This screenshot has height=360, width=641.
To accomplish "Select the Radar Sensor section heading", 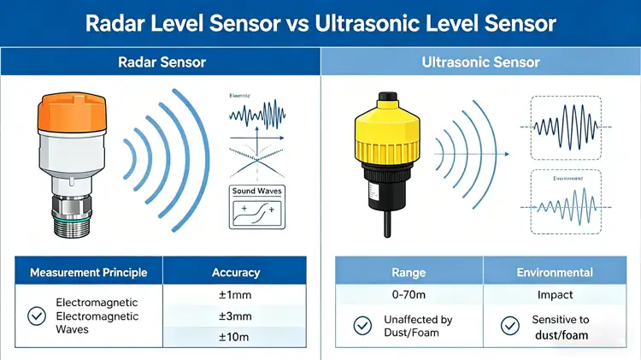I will [x=161, y=62].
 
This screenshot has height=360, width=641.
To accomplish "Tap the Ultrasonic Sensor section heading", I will [x=481, y=62].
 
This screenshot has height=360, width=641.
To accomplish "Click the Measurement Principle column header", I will [x=89, y=273].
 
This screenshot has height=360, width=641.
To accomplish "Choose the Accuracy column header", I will [x=236, y=273].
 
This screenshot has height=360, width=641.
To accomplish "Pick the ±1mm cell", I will [x=236, y=295].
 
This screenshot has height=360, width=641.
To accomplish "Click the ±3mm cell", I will [x=236, y=316].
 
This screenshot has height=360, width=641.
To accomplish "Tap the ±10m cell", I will [x=236, y=337].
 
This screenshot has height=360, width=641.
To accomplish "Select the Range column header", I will [x=409, y=273].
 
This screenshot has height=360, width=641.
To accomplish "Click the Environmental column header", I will [x=555, y=273].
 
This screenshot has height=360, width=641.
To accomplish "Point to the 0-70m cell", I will [x=409, y=295].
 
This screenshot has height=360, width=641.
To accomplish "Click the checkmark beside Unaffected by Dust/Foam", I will [x=362, y=327].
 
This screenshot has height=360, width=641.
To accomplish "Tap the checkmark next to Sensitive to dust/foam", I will [x=510, y=327].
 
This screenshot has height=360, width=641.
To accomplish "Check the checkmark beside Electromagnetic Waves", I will [x=37, y=316].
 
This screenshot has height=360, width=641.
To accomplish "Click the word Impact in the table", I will [x=555, y=295].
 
